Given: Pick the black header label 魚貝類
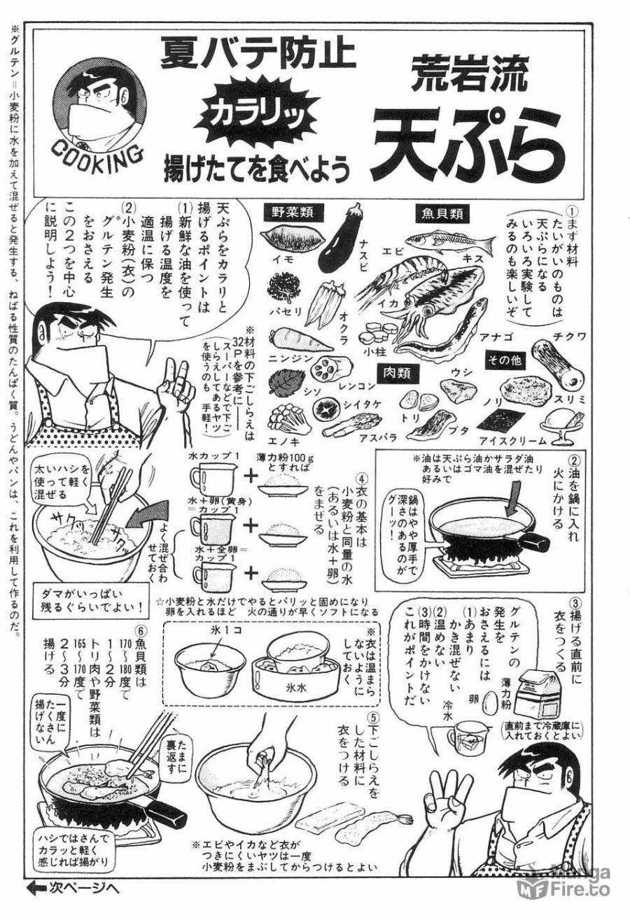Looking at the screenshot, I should pos(444,213).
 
